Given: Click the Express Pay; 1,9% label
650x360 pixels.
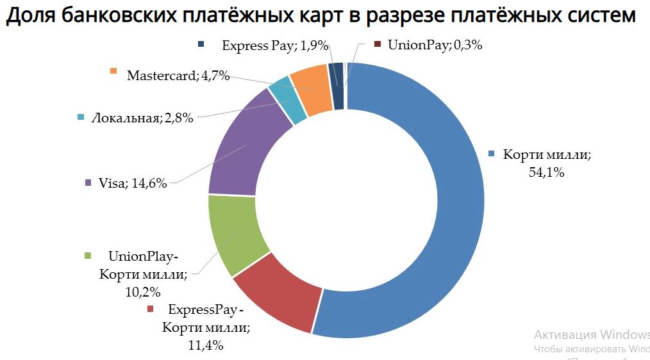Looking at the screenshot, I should (x=275, y=45).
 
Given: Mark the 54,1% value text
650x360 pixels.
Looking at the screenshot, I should (x=547, y=173).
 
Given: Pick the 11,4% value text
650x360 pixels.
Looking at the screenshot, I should (x=206, y=345).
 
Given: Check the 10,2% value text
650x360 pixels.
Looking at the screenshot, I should (x=143, y=291).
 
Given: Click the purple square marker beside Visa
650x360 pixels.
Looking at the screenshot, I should (x=88, y=183).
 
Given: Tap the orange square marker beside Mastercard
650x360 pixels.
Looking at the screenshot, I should (x=114, y=71).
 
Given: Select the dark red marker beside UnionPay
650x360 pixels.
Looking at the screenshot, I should (x=377, y=45).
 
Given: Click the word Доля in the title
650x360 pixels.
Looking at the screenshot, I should (x=31, y=16).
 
